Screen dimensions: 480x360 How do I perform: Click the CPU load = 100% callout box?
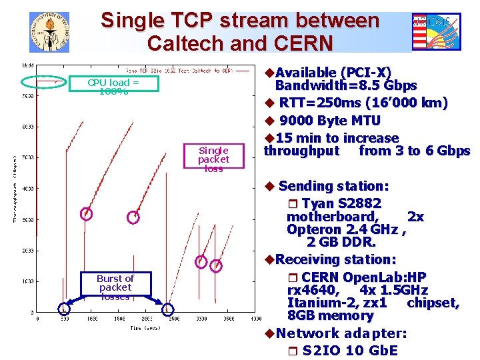113,86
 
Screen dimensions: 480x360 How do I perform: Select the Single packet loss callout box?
213,159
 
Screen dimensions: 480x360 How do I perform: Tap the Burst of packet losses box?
115,287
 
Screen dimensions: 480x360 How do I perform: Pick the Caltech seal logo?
49,32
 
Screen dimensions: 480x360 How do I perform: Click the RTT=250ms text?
317,103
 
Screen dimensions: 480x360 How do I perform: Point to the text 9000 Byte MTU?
330,121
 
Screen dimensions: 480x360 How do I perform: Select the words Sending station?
333,185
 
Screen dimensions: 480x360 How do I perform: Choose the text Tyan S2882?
341,203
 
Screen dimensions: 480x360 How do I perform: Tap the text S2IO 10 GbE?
350,350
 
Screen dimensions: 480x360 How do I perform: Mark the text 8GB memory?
330,315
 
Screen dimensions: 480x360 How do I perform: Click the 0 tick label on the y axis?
32,312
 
